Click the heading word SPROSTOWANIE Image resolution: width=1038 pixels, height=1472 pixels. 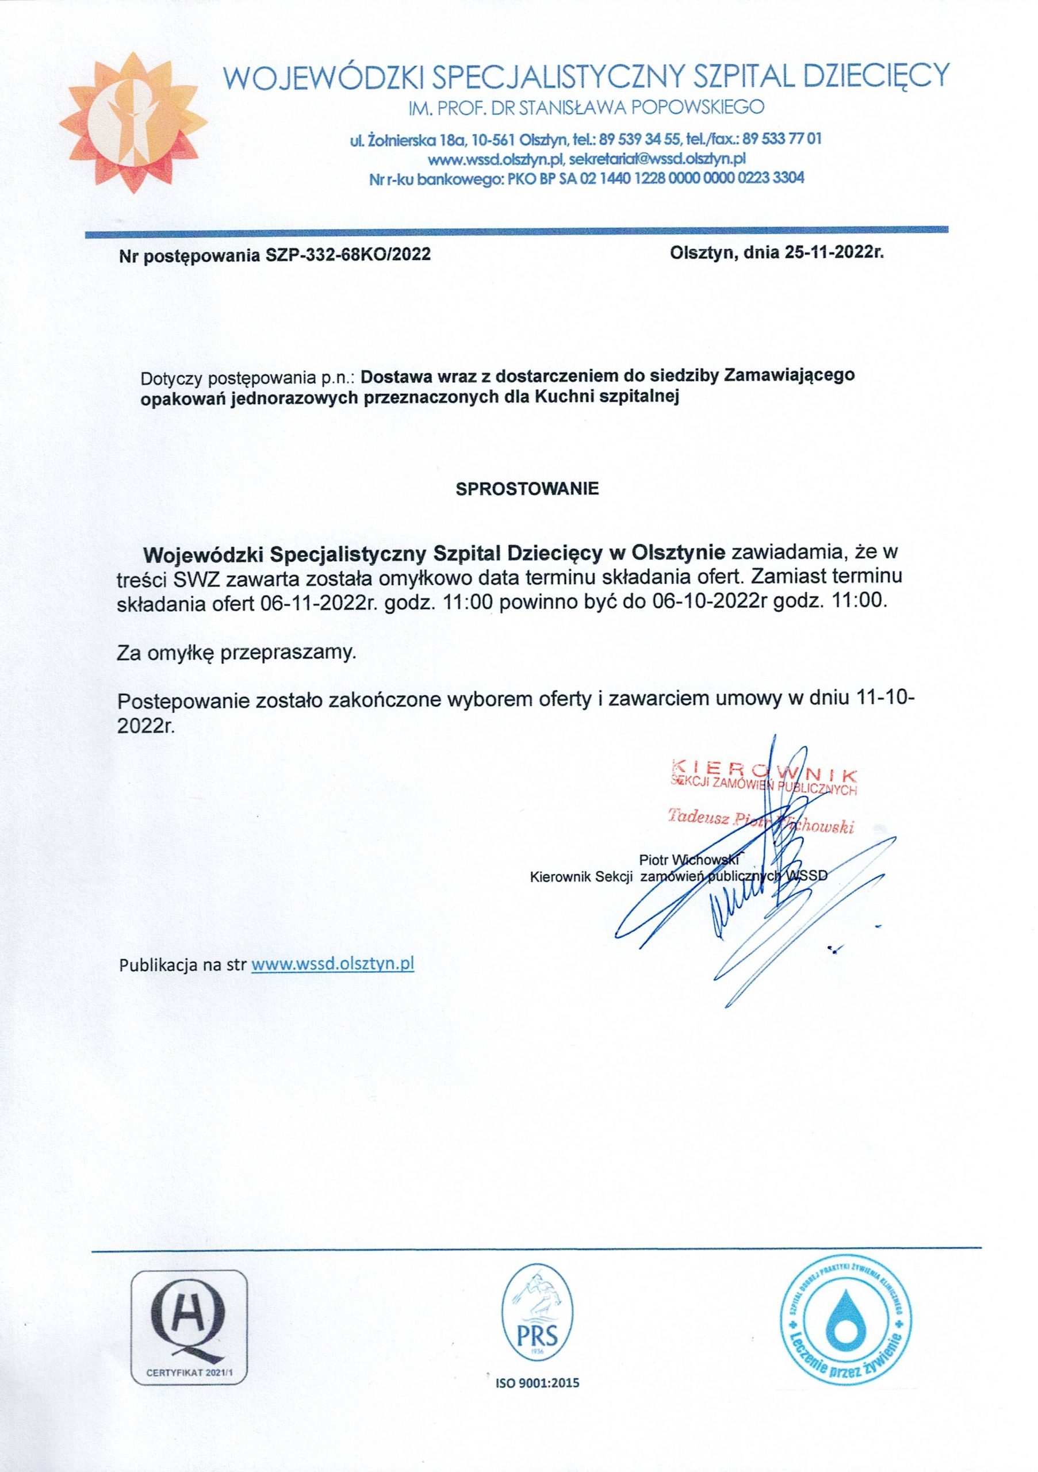click(x=526, y=489)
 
